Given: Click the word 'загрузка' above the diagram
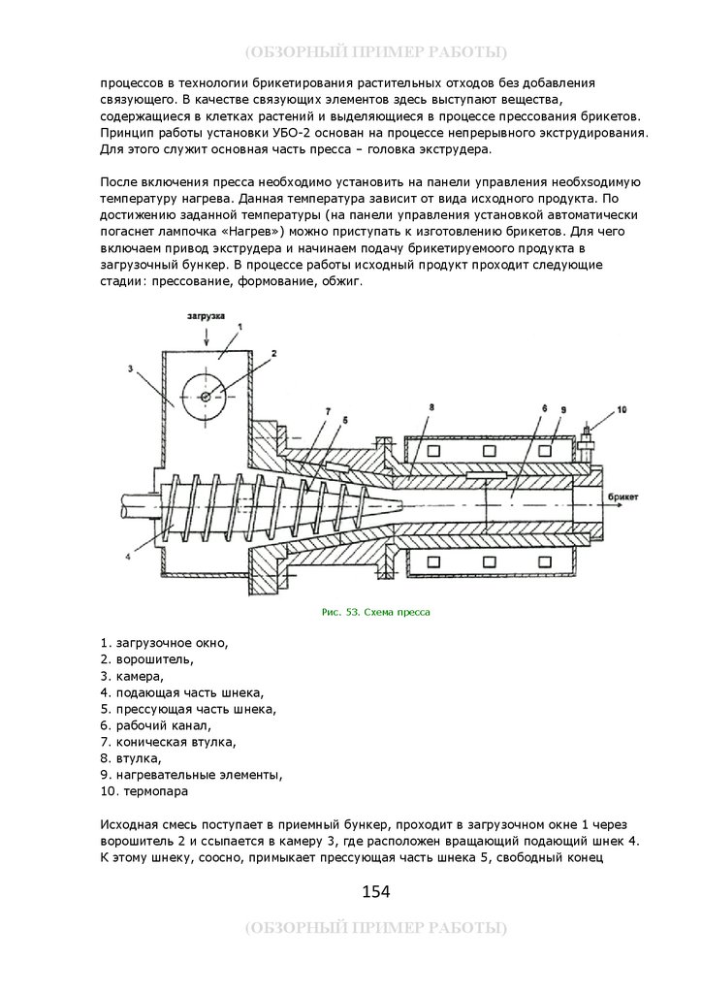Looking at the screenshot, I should coord(206,317).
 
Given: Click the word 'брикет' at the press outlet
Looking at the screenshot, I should coord(622,496).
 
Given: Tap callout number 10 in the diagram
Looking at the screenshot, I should coord(622,410).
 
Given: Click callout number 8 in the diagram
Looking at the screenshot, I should coord(431,406).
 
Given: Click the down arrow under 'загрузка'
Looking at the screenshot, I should coord(206,335).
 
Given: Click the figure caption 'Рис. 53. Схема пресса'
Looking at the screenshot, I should coord(374,613).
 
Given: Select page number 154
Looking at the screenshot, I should coord(375,891).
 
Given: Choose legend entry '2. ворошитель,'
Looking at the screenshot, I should coord(145,659).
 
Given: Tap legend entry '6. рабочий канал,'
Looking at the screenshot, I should coord(155,725).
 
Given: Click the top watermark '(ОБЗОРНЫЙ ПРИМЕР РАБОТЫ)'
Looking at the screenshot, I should coord(375,51).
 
